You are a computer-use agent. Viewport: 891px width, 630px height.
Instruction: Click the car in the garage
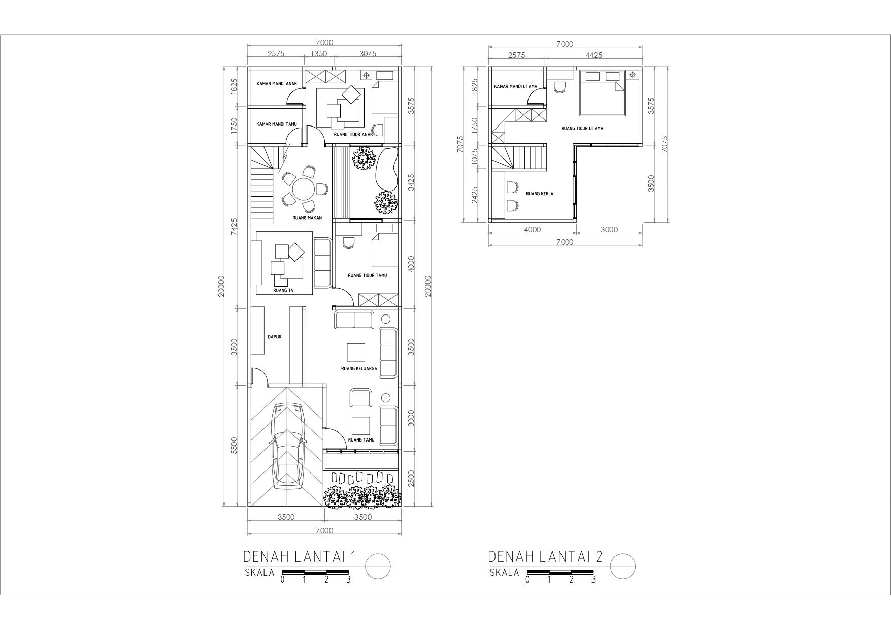coord(287,446)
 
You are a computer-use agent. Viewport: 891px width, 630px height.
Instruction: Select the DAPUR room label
coord(275,337)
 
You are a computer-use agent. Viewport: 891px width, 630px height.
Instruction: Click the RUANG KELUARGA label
coord(359,369)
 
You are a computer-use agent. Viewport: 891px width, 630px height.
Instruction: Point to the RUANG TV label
coord(283,291)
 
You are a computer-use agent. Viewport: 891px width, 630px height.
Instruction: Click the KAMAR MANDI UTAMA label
coord(515,86)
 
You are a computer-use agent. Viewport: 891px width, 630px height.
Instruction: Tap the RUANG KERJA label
coord(540,194)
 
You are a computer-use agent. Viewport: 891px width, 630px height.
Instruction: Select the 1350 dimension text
coord(319,54)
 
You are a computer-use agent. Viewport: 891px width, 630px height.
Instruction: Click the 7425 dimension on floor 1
coord(234,226)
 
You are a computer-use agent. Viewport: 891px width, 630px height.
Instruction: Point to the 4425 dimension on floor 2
coord(593,55)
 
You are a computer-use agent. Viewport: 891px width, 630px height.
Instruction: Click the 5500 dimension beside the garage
coord(234,446)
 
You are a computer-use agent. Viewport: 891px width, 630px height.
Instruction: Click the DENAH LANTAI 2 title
coord(545,557)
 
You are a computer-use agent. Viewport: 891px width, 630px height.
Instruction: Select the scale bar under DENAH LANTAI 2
coord(560,572)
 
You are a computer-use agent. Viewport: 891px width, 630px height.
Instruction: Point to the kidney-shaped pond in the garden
coord(387,167)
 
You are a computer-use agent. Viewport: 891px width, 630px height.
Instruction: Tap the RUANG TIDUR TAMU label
coord(367,275)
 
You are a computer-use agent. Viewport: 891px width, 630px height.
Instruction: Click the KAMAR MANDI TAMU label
coord(277,124)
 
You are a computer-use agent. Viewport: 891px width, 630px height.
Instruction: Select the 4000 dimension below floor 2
coord(532,230)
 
